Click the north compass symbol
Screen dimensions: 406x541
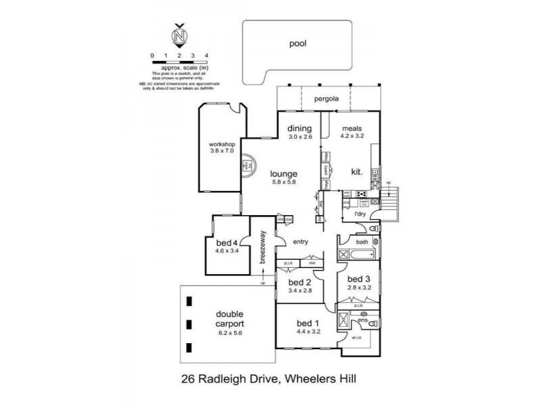point(179,36)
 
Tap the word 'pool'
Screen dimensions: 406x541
point(298,43)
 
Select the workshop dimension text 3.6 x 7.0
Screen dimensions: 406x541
point(221,151)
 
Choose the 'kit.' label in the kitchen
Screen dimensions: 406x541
point(356,173)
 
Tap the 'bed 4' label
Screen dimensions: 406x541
point(227,243)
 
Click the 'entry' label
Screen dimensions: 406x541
point(300,242)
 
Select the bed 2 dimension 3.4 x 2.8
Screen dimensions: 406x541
point(298,290)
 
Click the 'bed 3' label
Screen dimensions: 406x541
point(358,279)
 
